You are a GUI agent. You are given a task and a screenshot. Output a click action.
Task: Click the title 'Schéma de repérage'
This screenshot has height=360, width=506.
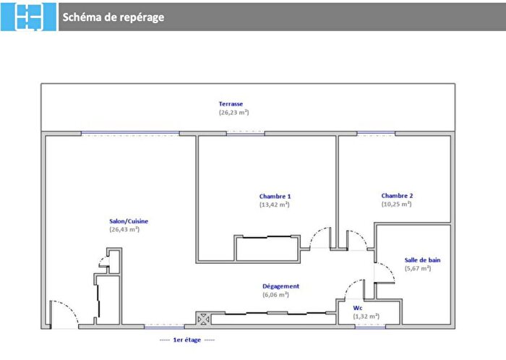coord(113,17)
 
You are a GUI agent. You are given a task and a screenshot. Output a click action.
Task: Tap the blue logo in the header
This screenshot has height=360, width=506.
coord(28,17)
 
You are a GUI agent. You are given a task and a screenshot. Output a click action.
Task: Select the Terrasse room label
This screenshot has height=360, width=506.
coord(231,104)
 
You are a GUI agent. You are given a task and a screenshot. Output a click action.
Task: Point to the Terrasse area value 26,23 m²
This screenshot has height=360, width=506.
coord(233,113)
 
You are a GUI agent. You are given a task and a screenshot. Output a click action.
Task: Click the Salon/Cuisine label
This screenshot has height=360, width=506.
coord(129,221)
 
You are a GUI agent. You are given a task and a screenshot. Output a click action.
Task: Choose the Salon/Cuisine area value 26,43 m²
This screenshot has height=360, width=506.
coord(124,230)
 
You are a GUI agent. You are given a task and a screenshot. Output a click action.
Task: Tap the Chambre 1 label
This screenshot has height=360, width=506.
coord(275,196)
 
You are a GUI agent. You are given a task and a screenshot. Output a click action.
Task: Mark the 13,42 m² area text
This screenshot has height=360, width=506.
coord(274,205)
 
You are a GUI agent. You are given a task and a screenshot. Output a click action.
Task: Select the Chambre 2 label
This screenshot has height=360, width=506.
coord(397,195)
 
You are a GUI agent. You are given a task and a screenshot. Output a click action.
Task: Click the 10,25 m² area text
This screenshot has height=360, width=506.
coord(396,204)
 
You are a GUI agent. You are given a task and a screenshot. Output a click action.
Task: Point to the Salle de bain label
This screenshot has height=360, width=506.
coord(422,260)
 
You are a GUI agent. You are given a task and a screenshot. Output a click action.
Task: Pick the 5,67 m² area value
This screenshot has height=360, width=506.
coord(417,268)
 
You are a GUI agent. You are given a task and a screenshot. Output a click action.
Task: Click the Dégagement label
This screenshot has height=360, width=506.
coord(280,286)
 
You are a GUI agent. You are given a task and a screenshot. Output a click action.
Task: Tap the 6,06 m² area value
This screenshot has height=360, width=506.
coord(275,295)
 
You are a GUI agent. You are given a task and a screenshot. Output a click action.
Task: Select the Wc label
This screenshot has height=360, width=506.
coord(357,307)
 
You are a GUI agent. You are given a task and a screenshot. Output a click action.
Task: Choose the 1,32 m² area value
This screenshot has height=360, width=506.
coord(366,316)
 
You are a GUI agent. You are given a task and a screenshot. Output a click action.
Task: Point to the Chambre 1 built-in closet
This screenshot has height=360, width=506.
coord(267,248)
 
